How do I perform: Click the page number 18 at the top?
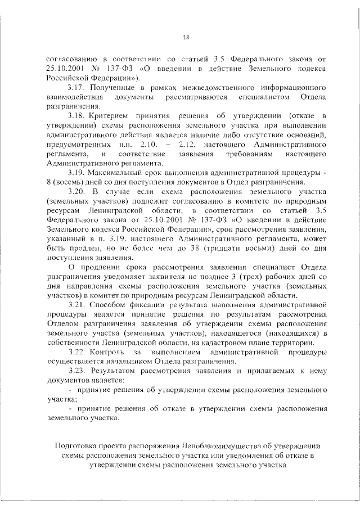(186, 38)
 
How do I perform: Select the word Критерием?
(115, 115)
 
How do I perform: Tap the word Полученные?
(116, 88)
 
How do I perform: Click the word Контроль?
(111, 352)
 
